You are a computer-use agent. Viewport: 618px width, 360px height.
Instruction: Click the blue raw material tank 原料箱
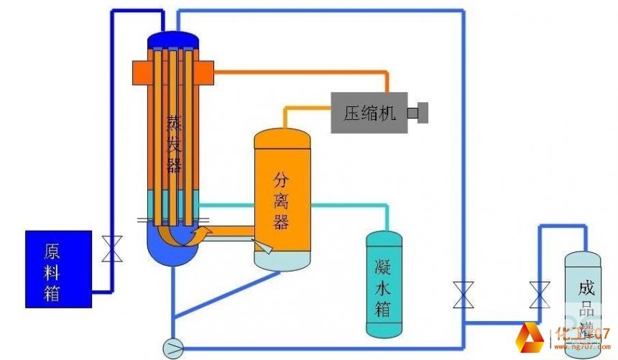pos(58,269)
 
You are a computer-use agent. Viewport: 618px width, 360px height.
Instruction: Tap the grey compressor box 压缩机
pos(369,113)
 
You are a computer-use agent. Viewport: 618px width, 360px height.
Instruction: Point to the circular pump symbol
pos(173,348)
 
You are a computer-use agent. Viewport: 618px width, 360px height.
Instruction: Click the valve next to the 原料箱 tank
pos(112,249)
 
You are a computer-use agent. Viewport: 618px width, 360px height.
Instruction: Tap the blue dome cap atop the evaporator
pos(173,40)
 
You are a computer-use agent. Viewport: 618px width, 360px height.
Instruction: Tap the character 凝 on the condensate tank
pos(383,265)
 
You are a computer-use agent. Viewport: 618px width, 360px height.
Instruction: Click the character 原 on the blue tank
pos(52,251)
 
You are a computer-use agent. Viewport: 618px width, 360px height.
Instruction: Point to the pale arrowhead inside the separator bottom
pos(264,247)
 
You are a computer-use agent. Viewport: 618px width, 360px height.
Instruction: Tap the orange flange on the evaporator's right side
pos(203,71)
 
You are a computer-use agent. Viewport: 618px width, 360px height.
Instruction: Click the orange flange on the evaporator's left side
pos(141,71)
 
